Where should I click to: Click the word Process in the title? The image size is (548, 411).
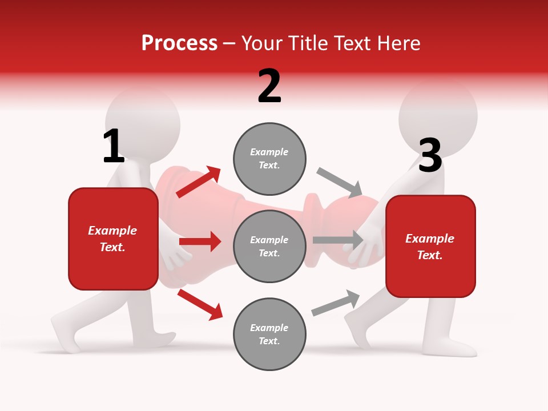(x=179, y=43)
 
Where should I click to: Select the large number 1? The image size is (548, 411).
(x=113, y=146)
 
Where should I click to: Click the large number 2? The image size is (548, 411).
(x=269, y=86)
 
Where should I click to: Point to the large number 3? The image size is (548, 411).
(x=430, y=156)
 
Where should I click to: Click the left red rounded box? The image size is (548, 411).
(x=113, y=239)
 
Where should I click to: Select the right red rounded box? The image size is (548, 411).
(x=430, y=246)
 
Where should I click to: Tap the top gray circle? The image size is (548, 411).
(x=269, y=158)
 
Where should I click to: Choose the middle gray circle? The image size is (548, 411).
(x=269, y=246)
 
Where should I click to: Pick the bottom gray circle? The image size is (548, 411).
(x=269, y=334)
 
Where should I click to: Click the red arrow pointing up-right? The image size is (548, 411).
(x=199, y=182)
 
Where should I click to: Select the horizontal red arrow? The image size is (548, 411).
(x=200, y=241)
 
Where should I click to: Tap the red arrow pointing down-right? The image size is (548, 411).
(x=200, y=304)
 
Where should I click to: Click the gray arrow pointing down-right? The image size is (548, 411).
(x=340, y=182)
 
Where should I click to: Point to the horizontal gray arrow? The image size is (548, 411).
(x=337, y=240)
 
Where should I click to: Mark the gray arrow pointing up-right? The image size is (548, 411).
(x=336, y=303)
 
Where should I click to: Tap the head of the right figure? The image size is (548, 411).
(x=438, y=114)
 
